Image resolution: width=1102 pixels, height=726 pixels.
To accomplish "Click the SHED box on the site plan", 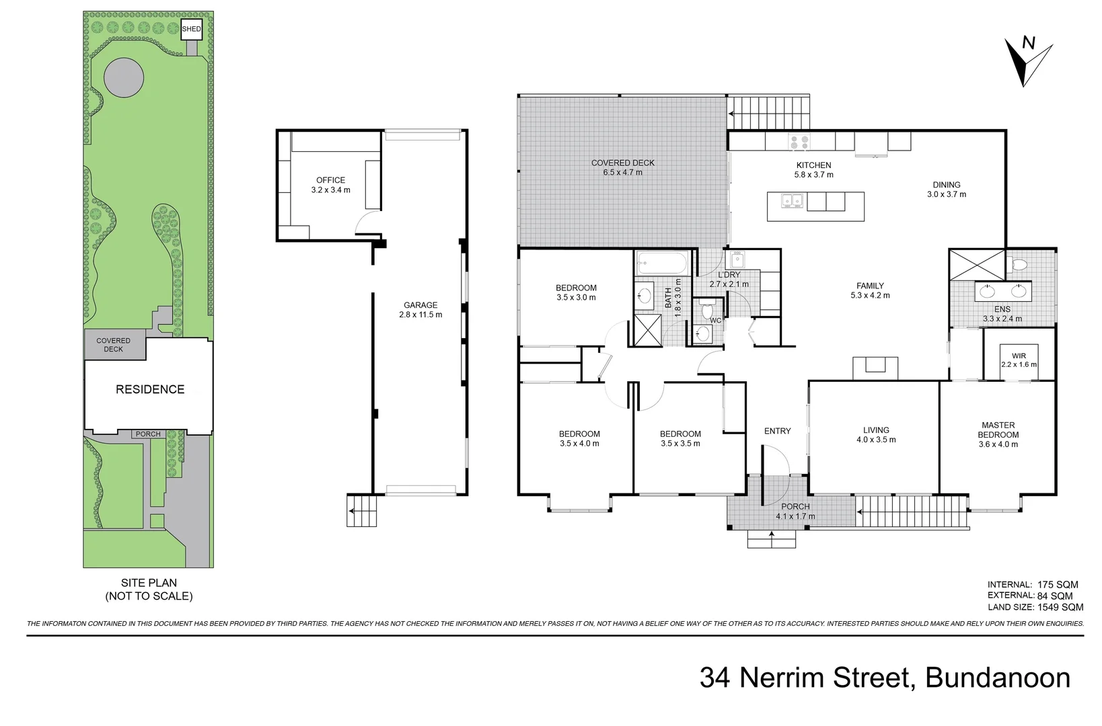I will click(x=191, y=29).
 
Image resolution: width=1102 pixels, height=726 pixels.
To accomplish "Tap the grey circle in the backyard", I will click(x=124, y=77).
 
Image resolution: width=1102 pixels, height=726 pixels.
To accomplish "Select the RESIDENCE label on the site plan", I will click(x=149, y=389).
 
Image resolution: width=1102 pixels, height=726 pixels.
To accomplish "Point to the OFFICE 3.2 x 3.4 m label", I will click(x=330, y=185).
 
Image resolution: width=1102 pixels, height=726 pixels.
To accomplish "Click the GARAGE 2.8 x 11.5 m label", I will click(x=420, y=310).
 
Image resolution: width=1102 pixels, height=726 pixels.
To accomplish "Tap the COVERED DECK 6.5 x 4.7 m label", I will click(x=622, y=167).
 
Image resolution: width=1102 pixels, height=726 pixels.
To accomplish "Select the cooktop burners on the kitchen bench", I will click(x=799, y=142).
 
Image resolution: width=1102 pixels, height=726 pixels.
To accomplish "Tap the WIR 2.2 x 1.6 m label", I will click(x=1019, y=360).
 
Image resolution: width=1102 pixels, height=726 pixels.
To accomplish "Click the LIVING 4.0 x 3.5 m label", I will click(x=876, y=435).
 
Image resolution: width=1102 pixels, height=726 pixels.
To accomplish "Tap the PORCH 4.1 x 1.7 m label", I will click(x=795, y=512).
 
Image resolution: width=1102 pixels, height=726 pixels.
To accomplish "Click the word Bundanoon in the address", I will click(x=998, y=678).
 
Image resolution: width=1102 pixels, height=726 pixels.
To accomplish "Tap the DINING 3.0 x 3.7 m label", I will click(x=946, y=190).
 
